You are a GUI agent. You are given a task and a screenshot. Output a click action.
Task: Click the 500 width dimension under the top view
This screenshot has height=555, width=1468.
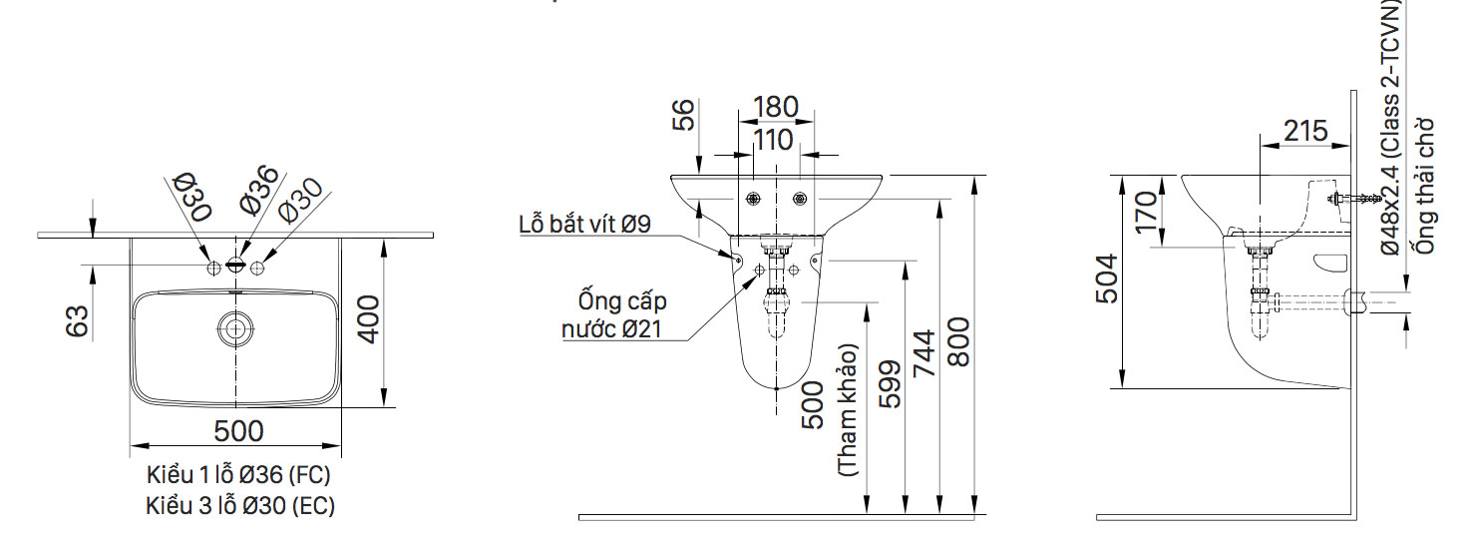[238, 431]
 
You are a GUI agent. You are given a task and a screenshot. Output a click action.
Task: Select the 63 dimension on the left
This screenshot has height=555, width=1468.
[77, 320]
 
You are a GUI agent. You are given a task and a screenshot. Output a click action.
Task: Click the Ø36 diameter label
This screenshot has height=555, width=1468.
[258, 189]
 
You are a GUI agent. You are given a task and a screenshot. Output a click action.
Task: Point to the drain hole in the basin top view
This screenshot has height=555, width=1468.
[235, 327]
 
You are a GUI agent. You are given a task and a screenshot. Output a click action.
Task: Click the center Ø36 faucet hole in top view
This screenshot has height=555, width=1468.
[235, 266]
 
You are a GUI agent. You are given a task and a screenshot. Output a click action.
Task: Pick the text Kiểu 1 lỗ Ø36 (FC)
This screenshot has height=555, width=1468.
[238, 473]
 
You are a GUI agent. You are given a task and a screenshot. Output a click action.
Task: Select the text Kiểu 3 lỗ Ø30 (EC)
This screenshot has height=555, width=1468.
[239, 505]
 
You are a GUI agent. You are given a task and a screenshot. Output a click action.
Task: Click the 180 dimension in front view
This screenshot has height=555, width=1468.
[775, 107]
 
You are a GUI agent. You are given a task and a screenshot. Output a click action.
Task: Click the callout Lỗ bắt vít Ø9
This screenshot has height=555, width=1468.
[584, 224]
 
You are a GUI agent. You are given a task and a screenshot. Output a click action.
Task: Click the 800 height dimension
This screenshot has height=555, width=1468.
[958, 342]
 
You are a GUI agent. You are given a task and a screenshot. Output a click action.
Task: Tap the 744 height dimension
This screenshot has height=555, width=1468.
[923, 354]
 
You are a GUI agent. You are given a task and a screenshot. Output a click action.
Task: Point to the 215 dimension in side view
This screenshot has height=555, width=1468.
[1305, 131]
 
